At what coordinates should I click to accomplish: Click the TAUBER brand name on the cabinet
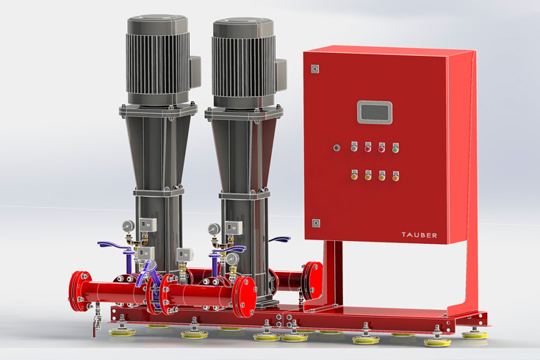coord(419,235)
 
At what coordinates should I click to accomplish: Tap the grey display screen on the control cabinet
coord(375,112)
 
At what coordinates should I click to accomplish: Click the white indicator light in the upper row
coord(354,146)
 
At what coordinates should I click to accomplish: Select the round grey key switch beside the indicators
coord(336,148)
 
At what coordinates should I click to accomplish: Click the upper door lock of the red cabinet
coord(314,69)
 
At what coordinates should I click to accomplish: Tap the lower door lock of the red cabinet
coord(316,223)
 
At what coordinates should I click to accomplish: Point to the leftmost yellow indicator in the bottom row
coord(354,175)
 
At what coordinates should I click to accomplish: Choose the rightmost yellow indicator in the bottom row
coord(396,176)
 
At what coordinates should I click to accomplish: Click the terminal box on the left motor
coord(195,72)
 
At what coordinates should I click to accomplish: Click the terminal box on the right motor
coord(281,76)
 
